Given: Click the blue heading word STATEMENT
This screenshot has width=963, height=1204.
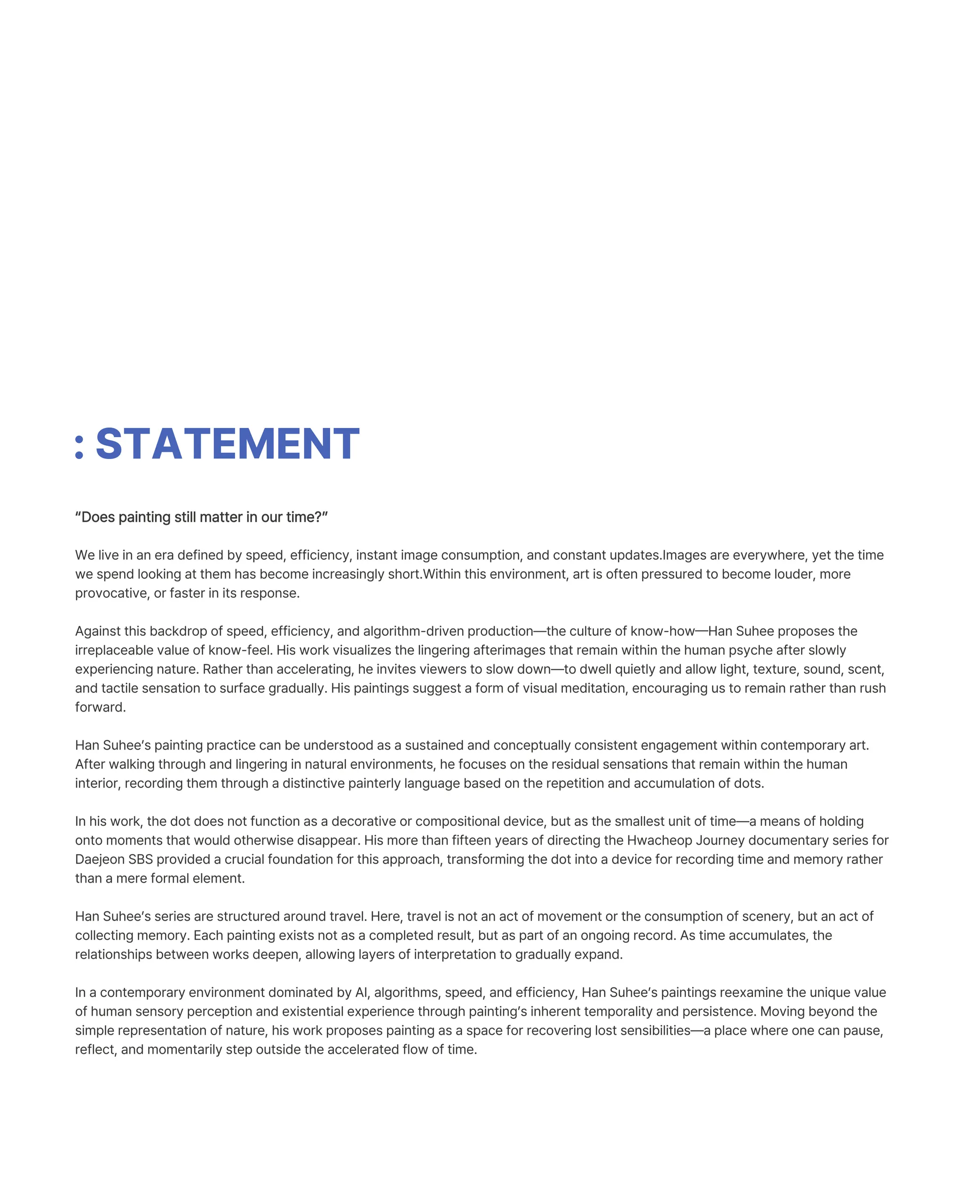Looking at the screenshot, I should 227,444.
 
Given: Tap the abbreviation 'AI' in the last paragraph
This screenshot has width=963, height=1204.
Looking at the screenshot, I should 361,992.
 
